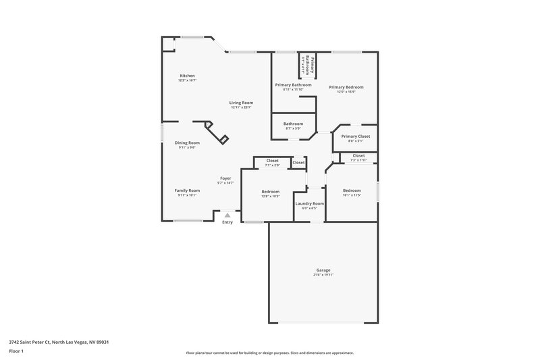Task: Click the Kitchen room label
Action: coord(187,75)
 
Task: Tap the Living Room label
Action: coord(241,103)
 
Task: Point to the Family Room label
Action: coord(188,190)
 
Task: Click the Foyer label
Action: coord(225,178)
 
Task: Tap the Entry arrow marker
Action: coord(227,215)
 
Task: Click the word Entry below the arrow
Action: coord(227,222)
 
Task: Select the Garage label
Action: coord(323,270)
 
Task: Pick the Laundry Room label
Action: coord(309,203)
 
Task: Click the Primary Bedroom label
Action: coord(346,87)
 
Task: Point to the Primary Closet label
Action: coord(356,136)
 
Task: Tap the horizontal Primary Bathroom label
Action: coord(294,84)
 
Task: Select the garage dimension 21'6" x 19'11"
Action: coord(323,275)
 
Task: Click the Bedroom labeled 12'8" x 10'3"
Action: coord(271,192)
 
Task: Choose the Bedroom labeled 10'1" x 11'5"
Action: coord(352,190)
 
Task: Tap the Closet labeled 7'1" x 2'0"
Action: coord(272,161)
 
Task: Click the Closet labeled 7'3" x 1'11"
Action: coord(358,156)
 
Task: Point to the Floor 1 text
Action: coord(16,352)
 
